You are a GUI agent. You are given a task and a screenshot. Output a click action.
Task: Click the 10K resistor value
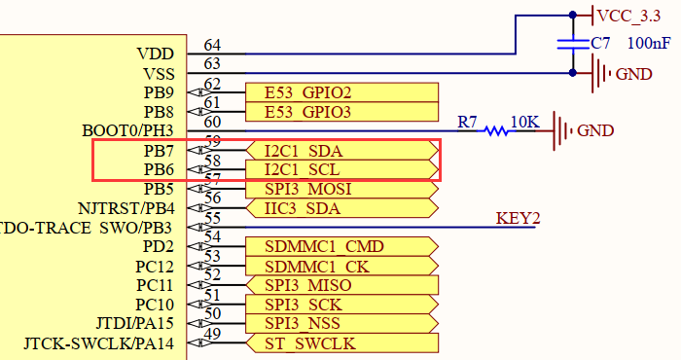click(x=525, y=122)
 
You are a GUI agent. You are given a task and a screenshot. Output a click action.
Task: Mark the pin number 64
click(x=212, y=46)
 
